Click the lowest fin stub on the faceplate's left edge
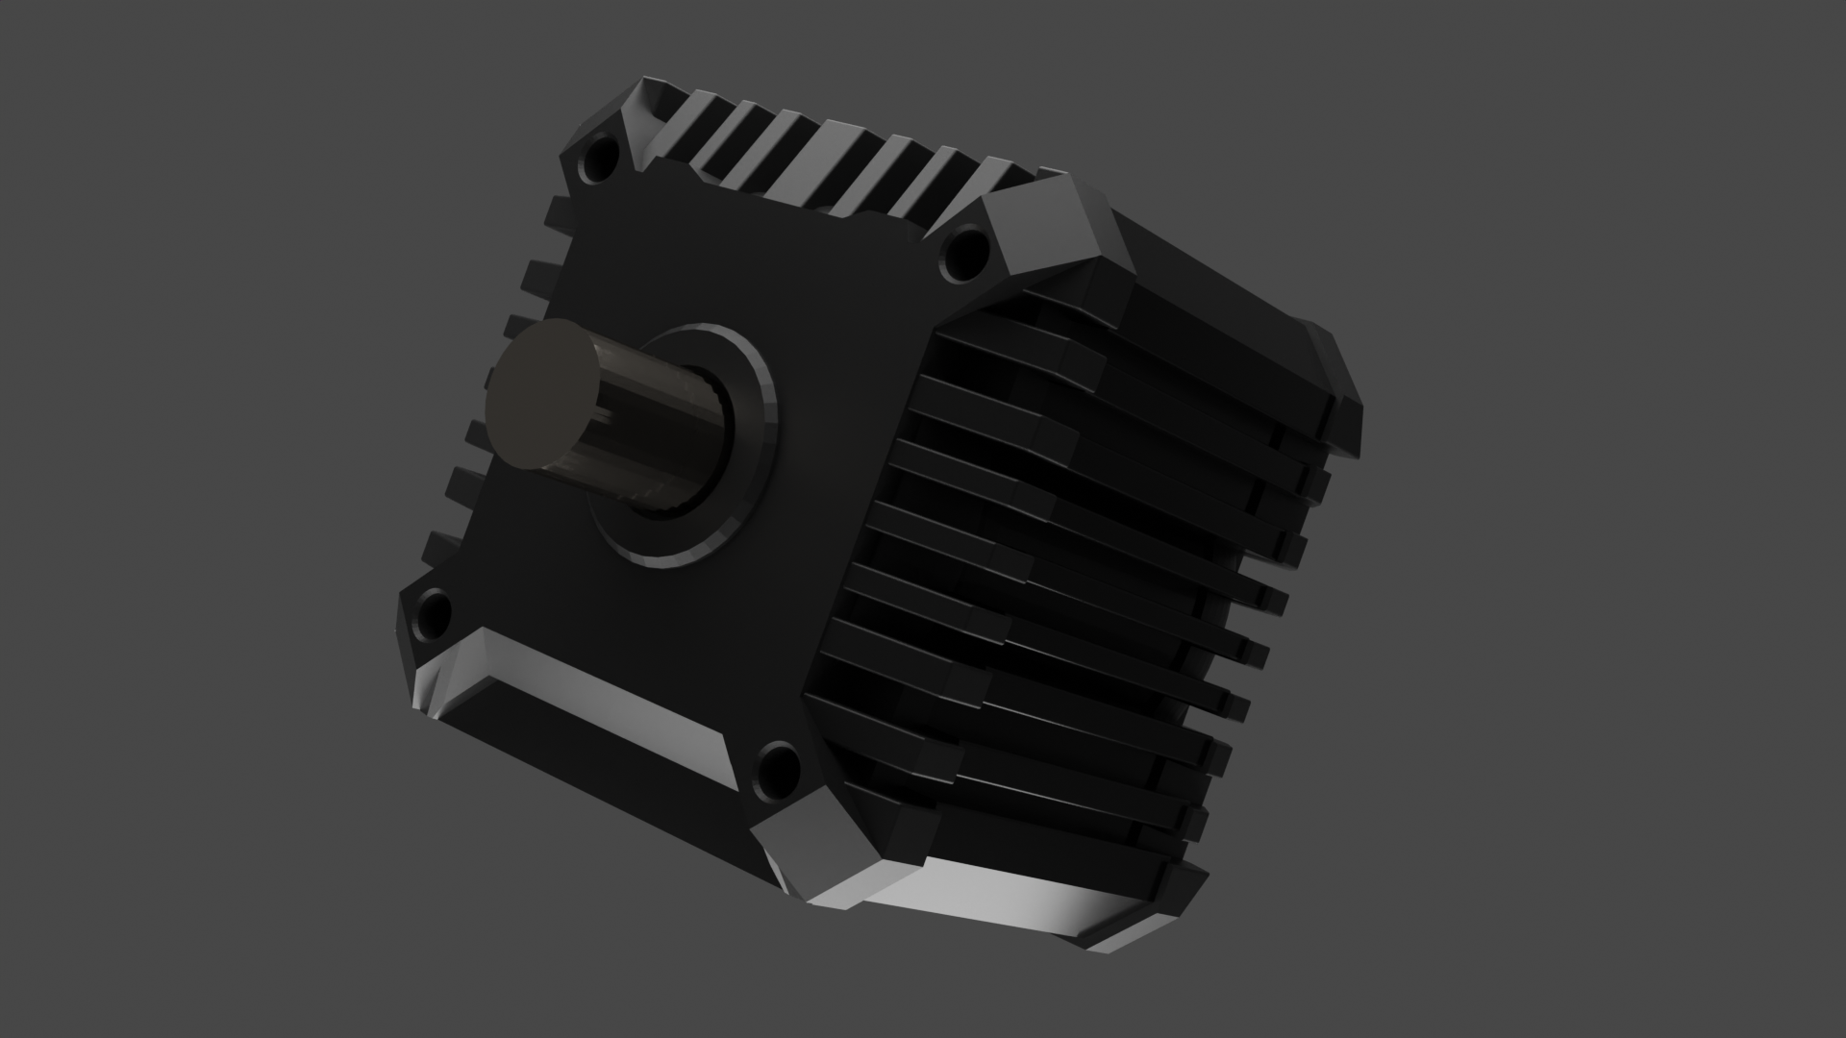[437, 548]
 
